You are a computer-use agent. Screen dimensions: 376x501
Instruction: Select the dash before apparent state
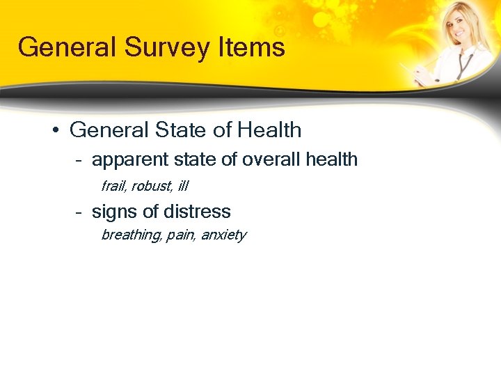pyautogui.click(x=80, y=160)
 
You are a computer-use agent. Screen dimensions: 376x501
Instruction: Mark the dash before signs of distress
pyautogui.click(x=80, y=212)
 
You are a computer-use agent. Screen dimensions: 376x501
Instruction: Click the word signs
pyautogui.click(x=114, y=212)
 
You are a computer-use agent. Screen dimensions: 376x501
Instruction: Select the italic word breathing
pyautogui.click(x=131, y=235)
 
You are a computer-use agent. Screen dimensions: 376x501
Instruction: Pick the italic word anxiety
pyautogui.click(x=223, y=235)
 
